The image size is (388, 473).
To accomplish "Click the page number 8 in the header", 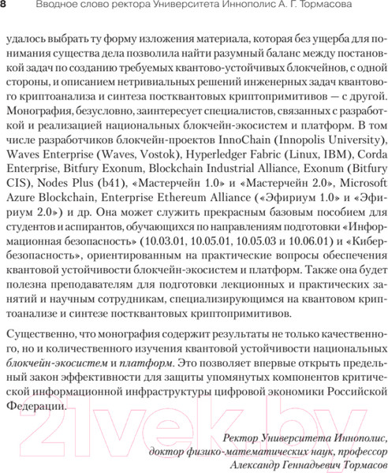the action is [5, 7].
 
